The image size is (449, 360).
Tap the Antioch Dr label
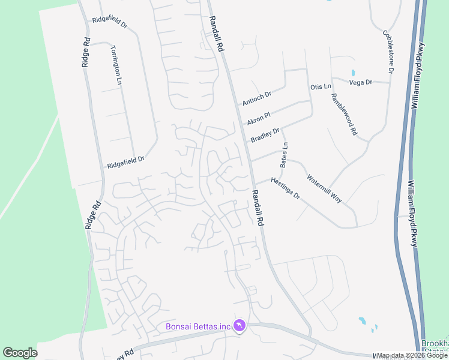point(257,98)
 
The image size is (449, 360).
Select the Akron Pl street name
point(259,117)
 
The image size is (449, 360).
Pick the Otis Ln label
point(321,87)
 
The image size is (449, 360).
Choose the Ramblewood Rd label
point(344,114)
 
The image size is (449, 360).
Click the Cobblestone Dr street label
point(388,52)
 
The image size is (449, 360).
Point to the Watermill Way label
point(324,188)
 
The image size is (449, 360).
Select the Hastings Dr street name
point(285,188)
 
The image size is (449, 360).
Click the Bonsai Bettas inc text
point(199,326)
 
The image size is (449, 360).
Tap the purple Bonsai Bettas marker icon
point(240,325)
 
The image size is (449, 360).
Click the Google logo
point(20,353)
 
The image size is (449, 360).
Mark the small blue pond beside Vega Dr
point(352,74)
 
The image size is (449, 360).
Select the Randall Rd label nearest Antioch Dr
point(217,36)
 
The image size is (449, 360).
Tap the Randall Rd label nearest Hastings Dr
point(258,208)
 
